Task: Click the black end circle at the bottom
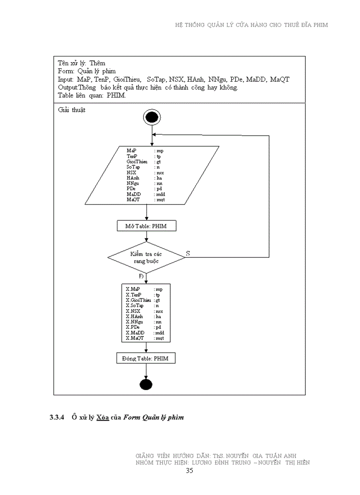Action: point(146,384)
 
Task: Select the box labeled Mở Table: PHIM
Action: point(146,226)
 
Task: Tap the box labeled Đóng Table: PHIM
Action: point(146,359)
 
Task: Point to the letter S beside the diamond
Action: point(188,253)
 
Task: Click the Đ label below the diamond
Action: point(141,276)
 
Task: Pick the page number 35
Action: point(189,470)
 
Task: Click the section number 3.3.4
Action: point(57,417)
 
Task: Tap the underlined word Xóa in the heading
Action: point(102,417)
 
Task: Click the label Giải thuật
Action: point(72,110)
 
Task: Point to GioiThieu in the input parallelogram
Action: point(137,162)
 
